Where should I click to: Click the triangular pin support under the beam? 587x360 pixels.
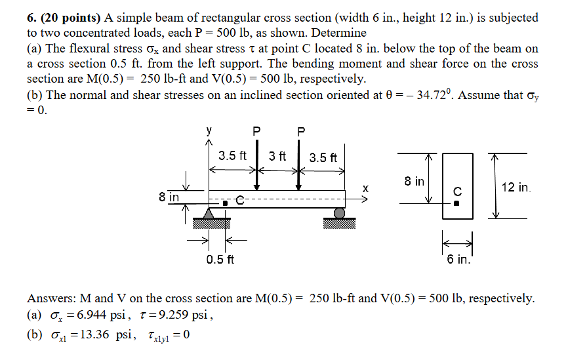point(209,213)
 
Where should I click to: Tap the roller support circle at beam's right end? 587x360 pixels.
point(339,213)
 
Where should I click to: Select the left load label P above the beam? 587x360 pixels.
point(257,131)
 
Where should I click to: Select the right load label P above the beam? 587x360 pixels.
point(300,131)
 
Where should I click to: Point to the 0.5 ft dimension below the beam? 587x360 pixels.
point(218,260)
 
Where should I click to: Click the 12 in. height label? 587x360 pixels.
point(516,188)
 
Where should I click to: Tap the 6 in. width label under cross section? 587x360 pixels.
point(458,260)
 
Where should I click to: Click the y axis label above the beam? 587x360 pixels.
point(210,130)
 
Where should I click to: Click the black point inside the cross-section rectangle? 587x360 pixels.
point(458,203)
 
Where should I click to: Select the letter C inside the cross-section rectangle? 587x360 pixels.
point(458,191)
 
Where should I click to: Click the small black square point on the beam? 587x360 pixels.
point(224,203)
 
